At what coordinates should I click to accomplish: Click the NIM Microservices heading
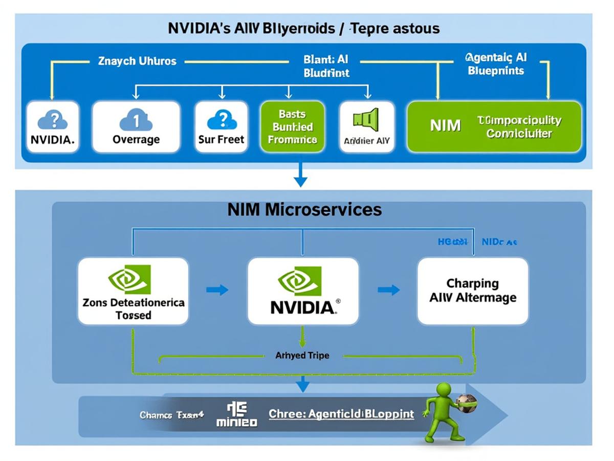coord(304,209)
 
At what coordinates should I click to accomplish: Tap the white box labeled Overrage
coord(136,127)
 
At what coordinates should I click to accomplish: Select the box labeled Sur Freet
coord(221,127)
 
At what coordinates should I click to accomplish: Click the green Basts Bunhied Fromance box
coord(292,127)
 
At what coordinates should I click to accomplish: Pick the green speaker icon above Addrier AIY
coord(366,118)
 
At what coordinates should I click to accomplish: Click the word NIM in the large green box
coord(445,125)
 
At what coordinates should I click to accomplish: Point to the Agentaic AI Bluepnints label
coord(496,64)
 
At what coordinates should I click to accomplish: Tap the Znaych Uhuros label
coord(137,61)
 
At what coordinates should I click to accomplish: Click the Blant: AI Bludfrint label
coord(326,66)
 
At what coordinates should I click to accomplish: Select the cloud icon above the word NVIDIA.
coord(52,120)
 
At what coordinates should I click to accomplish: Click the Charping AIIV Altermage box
coord(472,291)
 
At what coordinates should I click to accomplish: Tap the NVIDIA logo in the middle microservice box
coord(303,291)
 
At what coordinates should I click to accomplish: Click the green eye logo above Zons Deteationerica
coord(129,279)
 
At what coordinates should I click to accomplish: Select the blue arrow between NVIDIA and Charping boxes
coord(388,290)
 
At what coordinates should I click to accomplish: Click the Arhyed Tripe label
coord(302,355)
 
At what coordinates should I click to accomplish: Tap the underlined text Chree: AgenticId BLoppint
coord(341,414)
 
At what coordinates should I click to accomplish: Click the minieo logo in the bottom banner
coord(236,414)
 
